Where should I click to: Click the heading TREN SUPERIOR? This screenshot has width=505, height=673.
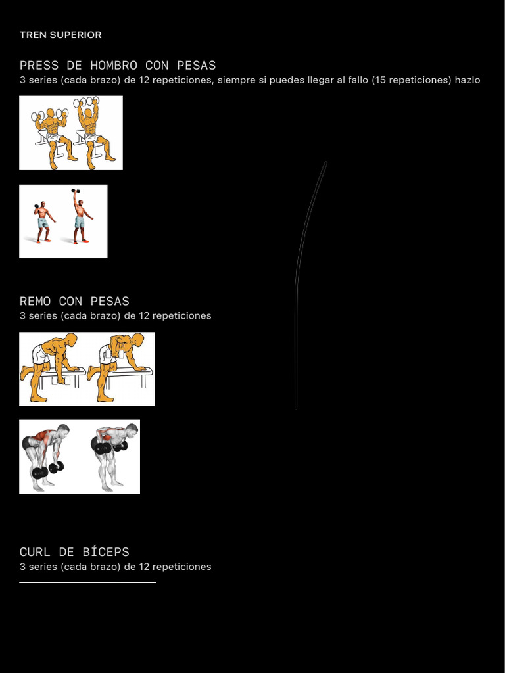click(x=60, y=35)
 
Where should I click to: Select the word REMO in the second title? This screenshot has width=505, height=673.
click(x=36, y=301)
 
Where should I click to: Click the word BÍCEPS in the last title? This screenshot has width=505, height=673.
click(x=106, y=551)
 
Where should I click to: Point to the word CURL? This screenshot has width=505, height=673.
click(x=36, y=552)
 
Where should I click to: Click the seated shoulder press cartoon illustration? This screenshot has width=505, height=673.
click(x=71, y=133)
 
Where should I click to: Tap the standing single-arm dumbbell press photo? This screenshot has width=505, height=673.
click(x=63, y=221)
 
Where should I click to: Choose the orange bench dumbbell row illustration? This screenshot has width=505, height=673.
click(x=87, y=369)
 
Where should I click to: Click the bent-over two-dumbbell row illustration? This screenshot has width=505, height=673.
click(x=80, y=457)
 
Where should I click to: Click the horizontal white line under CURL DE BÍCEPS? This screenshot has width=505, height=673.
click(x=87, y=582)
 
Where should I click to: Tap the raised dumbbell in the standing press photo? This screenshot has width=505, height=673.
click(x=76, y=191)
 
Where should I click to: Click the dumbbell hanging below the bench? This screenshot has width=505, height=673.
click(x=60, y=381)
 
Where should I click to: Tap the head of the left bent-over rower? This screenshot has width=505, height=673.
click(x=64, y=430)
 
